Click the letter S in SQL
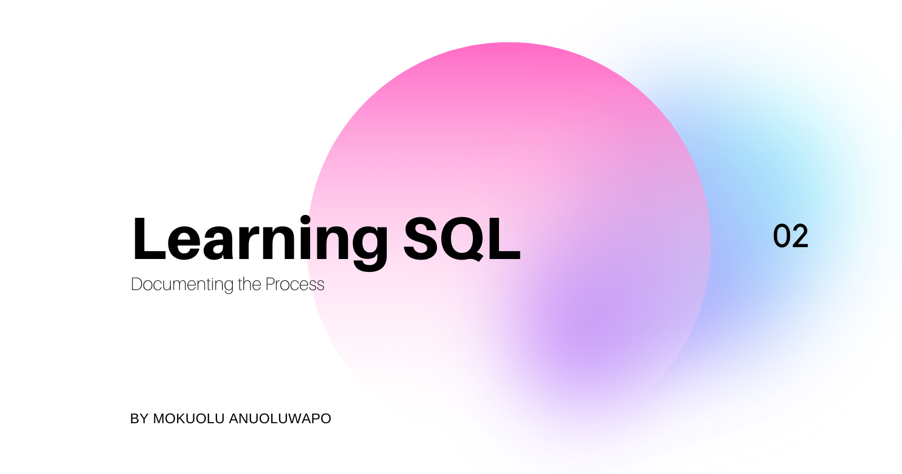coord(422,239)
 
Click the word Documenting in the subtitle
coord(182,284)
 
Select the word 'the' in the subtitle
coord(249,284)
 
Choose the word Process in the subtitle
coord(295,284)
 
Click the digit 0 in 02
coord(781,236)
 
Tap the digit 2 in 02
coord(800,236)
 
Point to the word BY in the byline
coord(139,419)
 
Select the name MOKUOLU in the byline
coord(189,419)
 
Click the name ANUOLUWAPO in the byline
coord(280,419)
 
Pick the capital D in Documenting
coord(136,284)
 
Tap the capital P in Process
coord(270,284)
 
